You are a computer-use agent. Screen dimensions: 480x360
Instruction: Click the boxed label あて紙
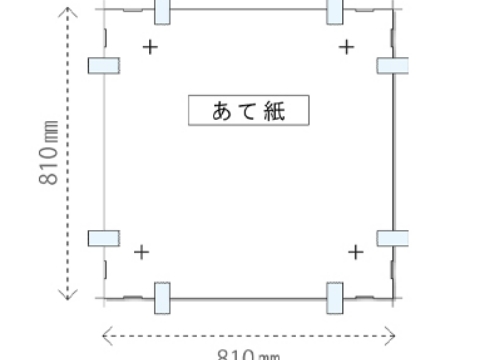pyautogui.click(x=250, y=110)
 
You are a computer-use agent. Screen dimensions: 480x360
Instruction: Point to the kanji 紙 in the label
pyautogui.click(x=274, y=110)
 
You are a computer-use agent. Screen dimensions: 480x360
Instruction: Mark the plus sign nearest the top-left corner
pyautogui.click(x=150, y=46)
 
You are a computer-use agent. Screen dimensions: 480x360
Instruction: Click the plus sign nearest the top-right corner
pyautogui.click(x=346, y=46)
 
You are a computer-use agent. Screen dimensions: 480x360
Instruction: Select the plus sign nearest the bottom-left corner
pyautogui.click(x=141, y=252)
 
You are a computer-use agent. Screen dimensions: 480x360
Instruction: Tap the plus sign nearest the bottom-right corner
pyautogui.click(x=355, y=252)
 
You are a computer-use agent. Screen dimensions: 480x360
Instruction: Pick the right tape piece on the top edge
pyautogui.click(x=336, y=11)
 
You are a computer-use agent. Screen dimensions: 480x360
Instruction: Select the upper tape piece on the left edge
pyautogui.click(x=104, y=65)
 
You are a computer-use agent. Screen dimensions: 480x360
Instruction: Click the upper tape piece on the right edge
pyautogui.click(x=393, y=65)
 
